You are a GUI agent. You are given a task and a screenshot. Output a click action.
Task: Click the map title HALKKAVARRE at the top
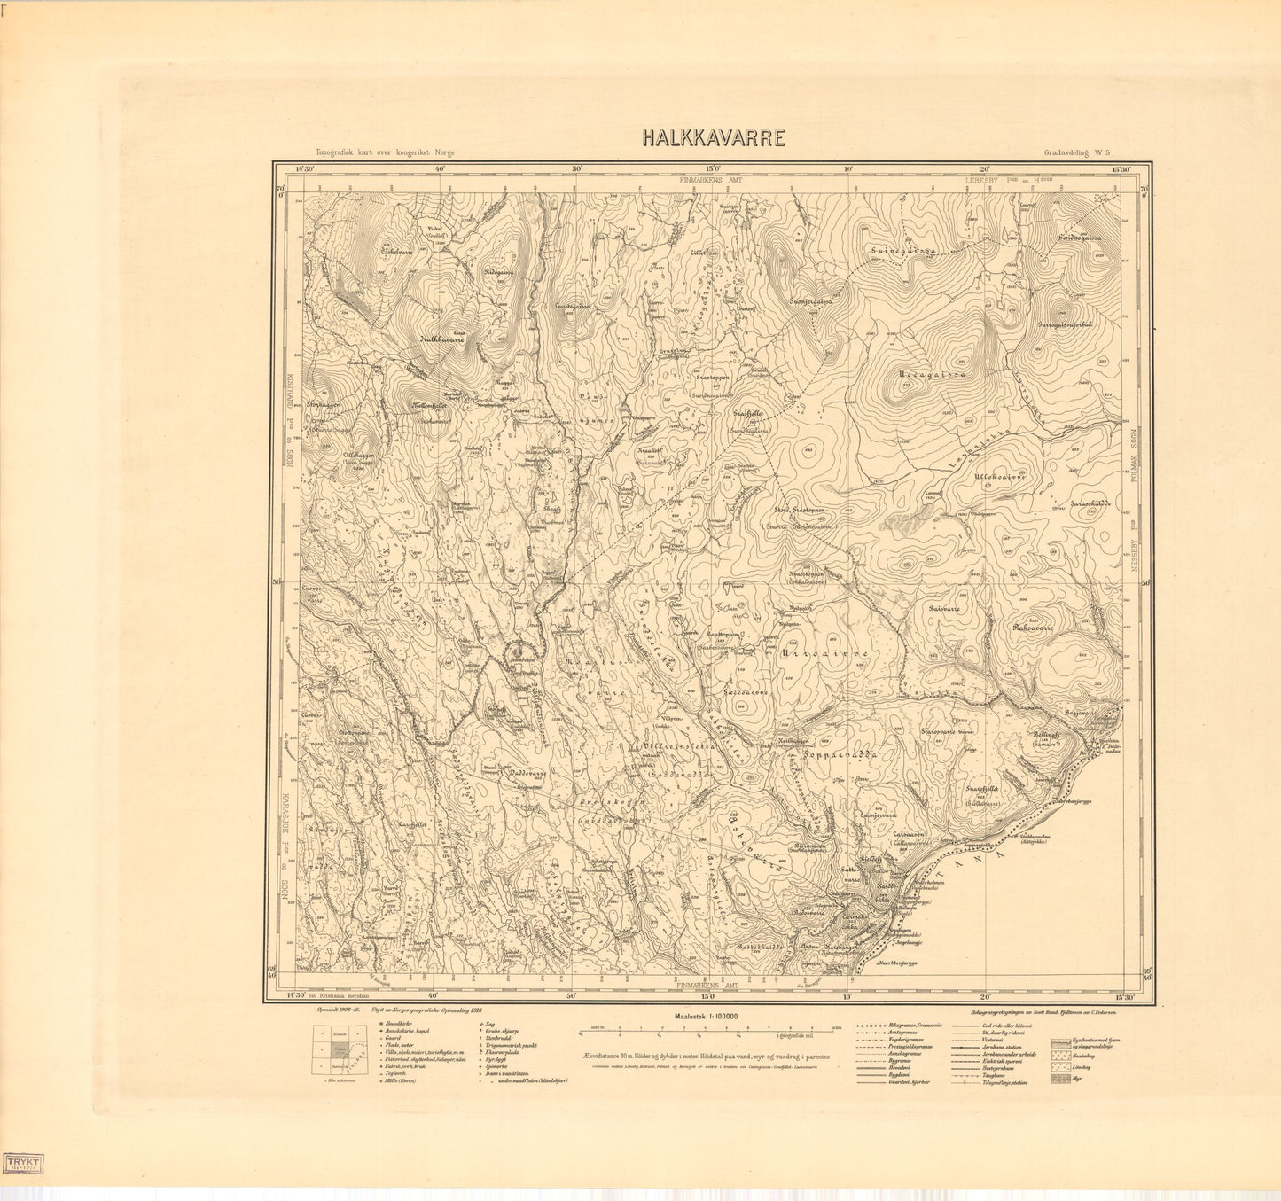pos(714,138)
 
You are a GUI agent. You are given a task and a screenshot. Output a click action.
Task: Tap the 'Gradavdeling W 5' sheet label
pos(1076,152)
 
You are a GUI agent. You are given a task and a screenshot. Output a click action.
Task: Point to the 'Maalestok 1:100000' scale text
pos(707,1017)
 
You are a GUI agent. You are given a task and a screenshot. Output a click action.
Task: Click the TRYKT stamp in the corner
pos(26,1163)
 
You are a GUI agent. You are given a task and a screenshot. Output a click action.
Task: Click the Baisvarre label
pos(945,609)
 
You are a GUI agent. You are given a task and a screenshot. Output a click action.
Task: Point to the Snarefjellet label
pos(982,787)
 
